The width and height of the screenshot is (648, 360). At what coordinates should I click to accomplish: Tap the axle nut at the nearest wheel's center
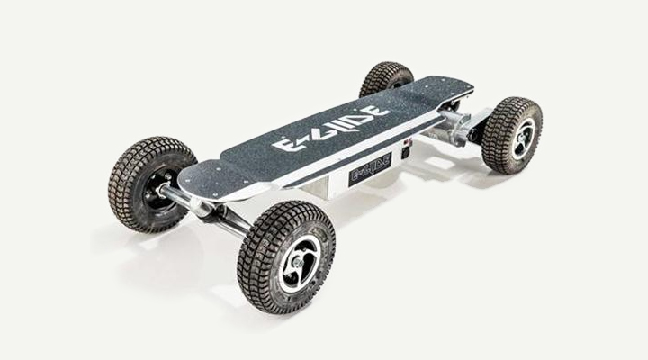(x=296, y=261)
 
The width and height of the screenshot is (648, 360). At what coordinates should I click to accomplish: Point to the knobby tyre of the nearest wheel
(x=286, y=258)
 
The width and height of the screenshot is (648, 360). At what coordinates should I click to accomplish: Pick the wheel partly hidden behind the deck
(x=386, y=78)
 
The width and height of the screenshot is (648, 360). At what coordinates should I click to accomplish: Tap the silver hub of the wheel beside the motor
(x=521, y=139)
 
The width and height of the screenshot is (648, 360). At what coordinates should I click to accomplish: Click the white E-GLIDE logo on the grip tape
(x=330, y=127)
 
